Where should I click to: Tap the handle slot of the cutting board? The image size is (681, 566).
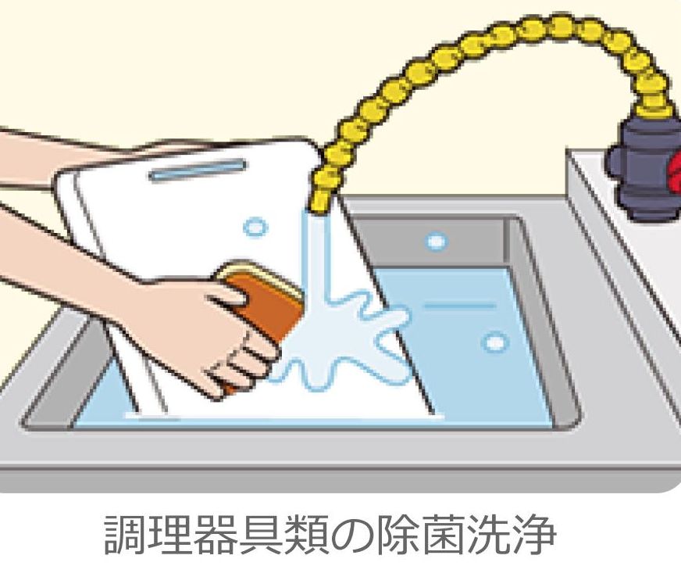tap(198, 170)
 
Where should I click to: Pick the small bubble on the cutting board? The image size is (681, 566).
tap(254, 227)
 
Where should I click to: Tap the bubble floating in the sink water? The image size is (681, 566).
tap(494, 342)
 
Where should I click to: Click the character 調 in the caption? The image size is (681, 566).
tap(125, 535)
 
